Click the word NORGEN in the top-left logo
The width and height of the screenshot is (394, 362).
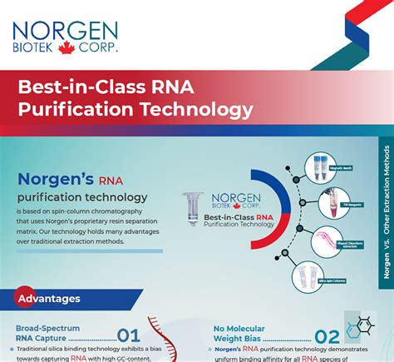coord(65,30)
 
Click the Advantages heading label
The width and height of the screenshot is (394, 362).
coord(49,298)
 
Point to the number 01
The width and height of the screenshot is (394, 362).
coord(128,336)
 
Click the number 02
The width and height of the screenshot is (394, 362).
coord(327,337)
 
